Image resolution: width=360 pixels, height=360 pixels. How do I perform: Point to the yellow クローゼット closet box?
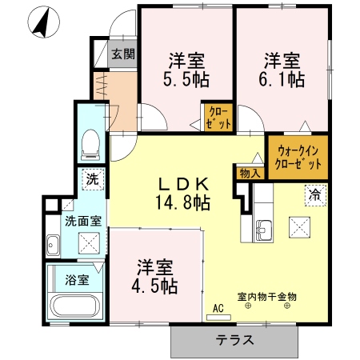tap(218, 117)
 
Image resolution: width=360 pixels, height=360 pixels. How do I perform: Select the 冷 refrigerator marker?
tap(315, 194)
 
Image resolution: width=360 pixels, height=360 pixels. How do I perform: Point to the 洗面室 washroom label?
tap(82, 221)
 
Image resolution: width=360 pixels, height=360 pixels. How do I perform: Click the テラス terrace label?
tap(235, 339)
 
